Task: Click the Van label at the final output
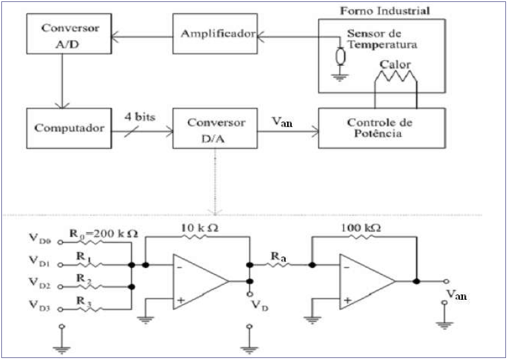tap(456, 295)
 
